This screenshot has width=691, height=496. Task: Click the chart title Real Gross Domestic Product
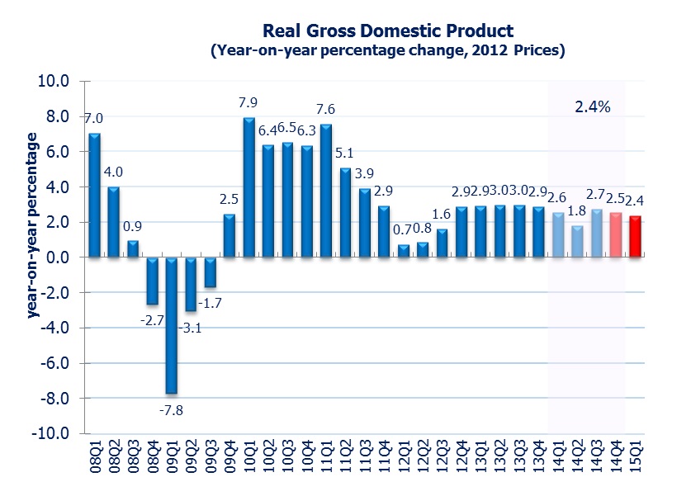tap(387, 31)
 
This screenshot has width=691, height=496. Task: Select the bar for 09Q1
tap(172, 325)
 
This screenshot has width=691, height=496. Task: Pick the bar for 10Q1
tap(249, 188)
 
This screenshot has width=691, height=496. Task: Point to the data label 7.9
tap(249, 103)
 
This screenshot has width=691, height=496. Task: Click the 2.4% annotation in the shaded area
tap(592, 106)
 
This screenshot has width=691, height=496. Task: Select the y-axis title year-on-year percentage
tap(33, 223)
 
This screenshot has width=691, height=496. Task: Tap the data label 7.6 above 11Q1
tap(326, 109)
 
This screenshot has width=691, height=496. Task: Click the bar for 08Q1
tap(95, 196)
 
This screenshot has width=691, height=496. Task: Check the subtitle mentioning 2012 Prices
tap(387, 51)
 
